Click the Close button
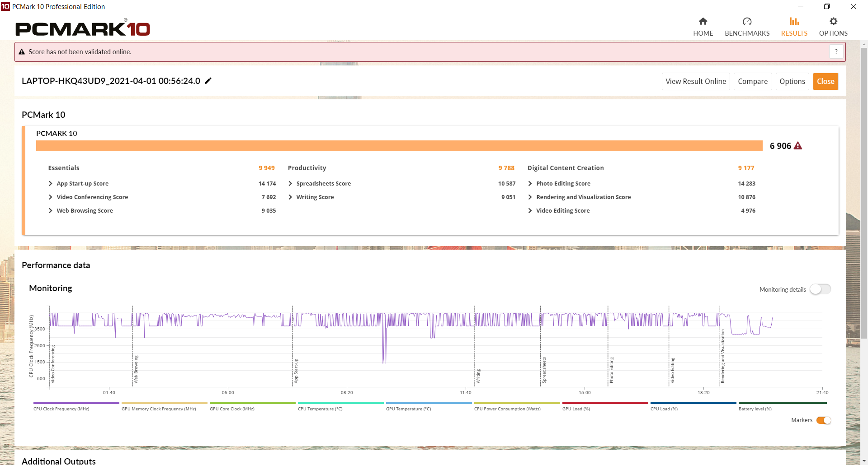(x=826, y=81)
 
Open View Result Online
(x=696, y=81)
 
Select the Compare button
(x=753, y=81)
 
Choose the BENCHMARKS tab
(x=747, y=27)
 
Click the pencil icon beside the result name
(x=208, y=81)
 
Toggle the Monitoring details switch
(x=820, y=289)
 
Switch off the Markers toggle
(x=824, y=420)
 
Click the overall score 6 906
(x=780, y=146)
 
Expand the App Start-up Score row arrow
(x=51, y=184)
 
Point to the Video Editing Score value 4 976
(x=748, y=211)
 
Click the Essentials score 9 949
(x=267, y=168)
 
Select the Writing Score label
(x=315, y=197)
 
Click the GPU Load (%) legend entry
(x=576, y=409)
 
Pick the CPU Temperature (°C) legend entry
(x=320, y=409)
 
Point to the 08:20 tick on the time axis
(x=347, y=393)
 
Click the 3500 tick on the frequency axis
(x=40, y=329)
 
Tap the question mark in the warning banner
(x=836, y=52)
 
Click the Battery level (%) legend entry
(x=755, y=409)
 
